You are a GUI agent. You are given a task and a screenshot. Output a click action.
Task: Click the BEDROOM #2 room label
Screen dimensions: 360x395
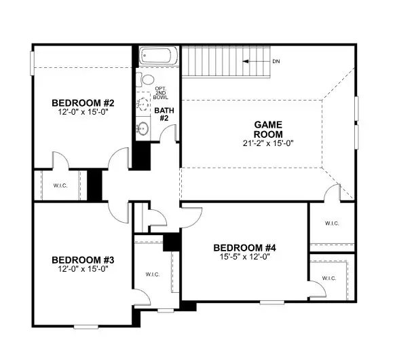83,103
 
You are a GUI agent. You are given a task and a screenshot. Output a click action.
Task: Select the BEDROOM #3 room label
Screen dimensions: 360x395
83,260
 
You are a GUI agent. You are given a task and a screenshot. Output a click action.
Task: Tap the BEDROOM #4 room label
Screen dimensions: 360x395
245,247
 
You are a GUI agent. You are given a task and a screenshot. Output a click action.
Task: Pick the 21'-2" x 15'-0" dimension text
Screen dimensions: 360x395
267,143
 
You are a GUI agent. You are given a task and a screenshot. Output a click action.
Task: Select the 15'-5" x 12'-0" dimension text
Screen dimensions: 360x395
245,257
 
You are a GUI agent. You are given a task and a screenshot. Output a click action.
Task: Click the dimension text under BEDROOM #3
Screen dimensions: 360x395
83,269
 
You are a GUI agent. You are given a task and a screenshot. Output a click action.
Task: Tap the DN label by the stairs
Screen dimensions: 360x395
277,61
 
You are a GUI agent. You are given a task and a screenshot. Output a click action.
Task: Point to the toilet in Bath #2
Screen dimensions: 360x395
145,80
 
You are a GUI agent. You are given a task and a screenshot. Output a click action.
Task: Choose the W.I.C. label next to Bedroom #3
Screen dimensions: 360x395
152,274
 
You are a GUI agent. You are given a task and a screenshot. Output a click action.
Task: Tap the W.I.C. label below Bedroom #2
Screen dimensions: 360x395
60,185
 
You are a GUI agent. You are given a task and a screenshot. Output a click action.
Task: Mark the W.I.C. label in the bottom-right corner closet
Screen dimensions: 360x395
328,278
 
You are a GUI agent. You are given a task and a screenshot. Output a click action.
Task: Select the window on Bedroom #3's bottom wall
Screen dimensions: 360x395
86,327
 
